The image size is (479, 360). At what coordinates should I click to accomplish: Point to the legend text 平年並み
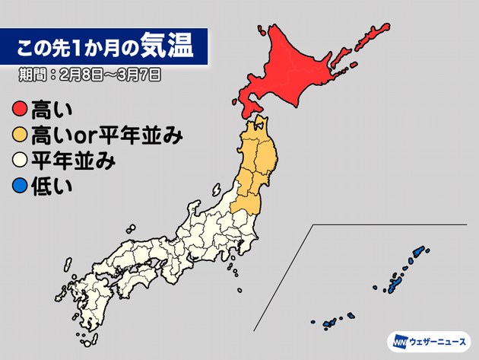pyautogui.click(x=68, y=161)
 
